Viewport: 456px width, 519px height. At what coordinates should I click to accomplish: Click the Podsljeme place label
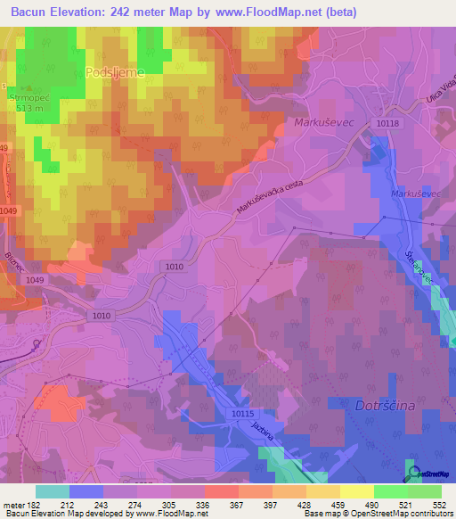[x=115, y=72]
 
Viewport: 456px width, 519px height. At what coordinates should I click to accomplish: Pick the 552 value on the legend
[x=440, y=504]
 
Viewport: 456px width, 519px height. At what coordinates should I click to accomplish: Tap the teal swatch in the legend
[x=53, y=490]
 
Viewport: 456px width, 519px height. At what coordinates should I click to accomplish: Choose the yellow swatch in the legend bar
[x=357, y=490]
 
